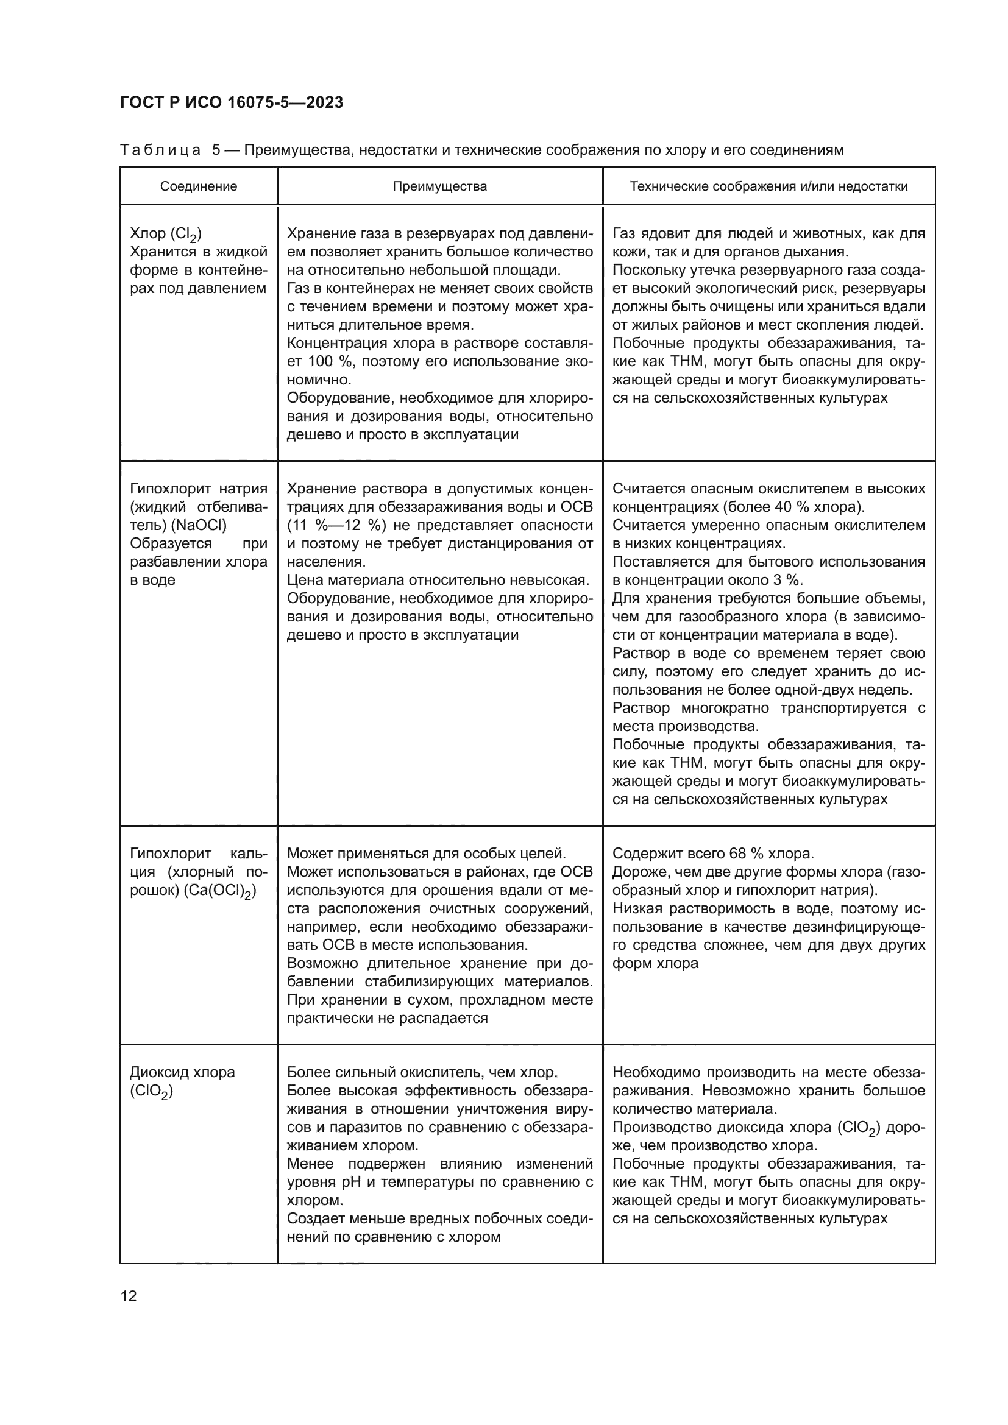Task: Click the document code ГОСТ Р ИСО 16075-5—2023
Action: [x=231, y=103]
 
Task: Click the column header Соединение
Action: [x=199, y=187]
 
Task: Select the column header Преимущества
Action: [x=439, y=187]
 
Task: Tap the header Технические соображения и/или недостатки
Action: [x=768, y=187]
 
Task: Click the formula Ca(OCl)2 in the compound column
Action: [x=220, y=891]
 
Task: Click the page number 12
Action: [x=129, y=1296]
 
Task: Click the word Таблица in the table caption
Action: [x=160, y=150]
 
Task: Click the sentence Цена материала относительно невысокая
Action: [x=438, y=581]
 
